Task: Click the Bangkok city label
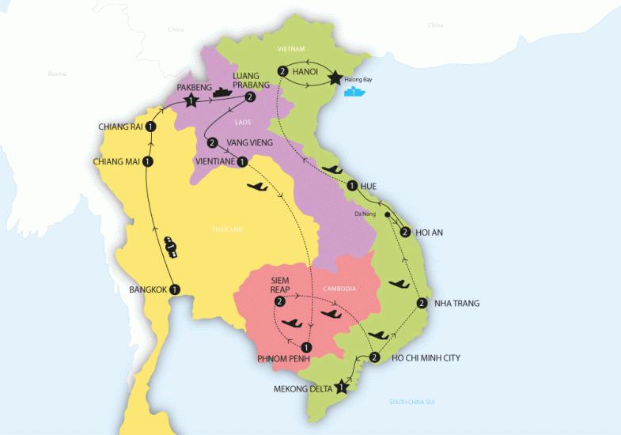(x=148, y=289)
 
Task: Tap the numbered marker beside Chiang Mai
(x=149, y=162)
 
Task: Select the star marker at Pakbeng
(x=190, y=101)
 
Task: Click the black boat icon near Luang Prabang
(x=221, y=93)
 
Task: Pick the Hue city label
(x=369, y=186)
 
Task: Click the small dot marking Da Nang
(x=387, y=214)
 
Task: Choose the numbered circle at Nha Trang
(x=422, y=303)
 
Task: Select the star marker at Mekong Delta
(x=342, y=387)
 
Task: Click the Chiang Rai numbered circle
(x=150, y=127)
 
